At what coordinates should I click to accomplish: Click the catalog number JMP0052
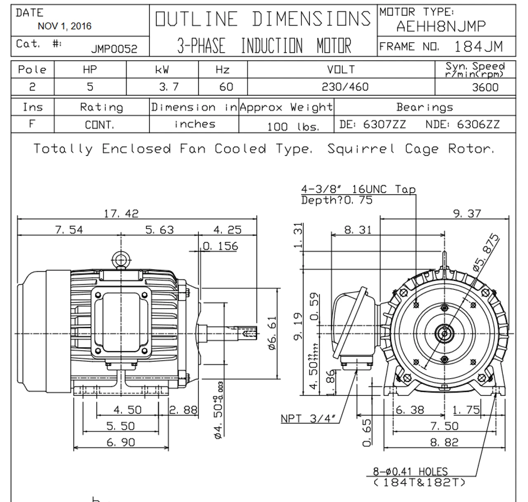point(114,49)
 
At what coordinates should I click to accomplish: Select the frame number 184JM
point(478,46)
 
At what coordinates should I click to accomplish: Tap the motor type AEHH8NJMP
point(441,26)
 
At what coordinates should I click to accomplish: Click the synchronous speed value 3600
point(485,87)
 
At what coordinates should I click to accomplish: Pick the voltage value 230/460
point(345,87)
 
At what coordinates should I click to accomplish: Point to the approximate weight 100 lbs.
point(293,126)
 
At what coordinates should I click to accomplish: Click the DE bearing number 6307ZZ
point(384,124)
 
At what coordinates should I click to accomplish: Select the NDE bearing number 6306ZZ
point(478,124)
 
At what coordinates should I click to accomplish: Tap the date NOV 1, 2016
point(65,26)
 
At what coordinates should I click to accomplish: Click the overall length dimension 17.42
point(121,213)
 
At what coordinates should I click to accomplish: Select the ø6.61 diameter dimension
point(272,333)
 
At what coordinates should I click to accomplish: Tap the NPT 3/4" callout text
point(310,418)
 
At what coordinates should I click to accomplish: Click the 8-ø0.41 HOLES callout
point(410,472)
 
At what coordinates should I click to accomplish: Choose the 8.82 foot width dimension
point(444,442)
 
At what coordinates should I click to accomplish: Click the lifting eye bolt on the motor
point(121,260)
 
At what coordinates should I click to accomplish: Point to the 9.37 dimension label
point(467,213)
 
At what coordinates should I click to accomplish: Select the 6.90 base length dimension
point(121,442)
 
